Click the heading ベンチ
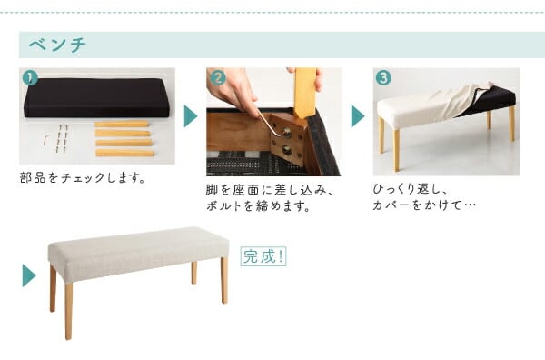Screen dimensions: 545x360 click(x=57, y=45)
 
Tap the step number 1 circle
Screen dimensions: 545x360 click(x=30, y=78)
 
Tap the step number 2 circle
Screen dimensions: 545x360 click(x=218, y=77)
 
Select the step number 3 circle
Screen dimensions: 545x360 click(x=383, y=78)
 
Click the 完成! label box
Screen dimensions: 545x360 click(x=263, y=256)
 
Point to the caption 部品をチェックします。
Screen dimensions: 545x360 click(x=83, y=178)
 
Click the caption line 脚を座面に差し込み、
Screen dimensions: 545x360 click(x=270, y=190)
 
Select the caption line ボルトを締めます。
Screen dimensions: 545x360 click(x=258, y=206)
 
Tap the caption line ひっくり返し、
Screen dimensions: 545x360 click(x=411, y=189)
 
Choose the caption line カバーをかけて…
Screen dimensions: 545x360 click(x=424, y=205)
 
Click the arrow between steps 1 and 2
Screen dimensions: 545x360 click(x=191, y=115)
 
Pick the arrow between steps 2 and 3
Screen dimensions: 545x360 click(x=358, y=115)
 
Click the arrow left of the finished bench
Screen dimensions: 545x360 click(x=29, y=275)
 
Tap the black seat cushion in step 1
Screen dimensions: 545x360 click(x=96, y=98)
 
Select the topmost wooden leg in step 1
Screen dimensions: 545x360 click(x=122, y=125)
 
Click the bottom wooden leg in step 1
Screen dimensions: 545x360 click(x=124, y=153)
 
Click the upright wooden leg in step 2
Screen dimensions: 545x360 click(x=305, y=94)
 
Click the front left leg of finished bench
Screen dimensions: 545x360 click(x=68, y=310)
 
